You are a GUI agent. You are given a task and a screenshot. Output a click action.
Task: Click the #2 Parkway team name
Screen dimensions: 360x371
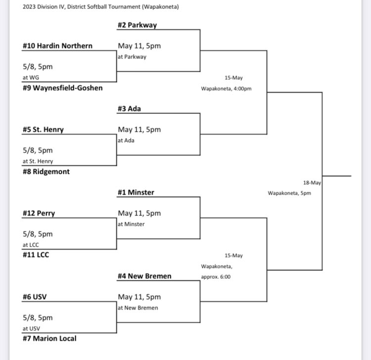(x=138, y=25)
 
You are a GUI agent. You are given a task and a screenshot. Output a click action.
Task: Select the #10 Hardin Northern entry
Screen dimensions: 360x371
(x=57, y=46)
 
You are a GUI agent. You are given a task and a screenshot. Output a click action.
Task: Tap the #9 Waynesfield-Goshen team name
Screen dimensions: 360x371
(x=63, y=88)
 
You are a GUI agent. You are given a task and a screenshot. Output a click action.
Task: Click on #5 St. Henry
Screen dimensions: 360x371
(x=43, y=130)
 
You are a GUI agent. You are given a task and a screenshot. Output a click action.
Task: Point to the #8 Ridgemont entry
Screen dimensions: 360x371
(x=46, y=172)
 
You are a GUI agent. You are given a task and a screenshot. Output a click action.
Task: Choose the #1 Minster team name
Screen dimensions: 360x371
(x=136, y=193)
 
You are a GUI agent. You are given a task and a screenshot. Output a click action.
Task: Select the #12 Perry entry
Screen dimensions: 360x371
(x=39, y=213)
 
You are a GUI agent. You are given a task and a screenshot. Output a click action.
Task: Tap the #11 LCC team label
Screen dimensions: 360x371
(x=36, y=255)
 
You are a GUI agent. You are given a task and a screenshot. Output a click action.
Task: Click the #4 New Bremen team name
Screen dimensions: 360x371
(x=144, y=276)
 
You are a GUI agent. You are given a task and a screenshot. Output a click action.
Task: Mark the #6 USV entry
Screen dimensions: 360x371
(x=35, y=297)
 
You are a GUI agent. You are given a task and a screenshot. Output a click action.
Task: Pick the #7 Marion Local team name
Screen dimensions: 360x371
(x=49, y=339)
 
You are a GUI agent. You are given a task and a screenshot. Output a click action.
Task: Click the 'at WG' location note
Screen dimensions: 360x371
(x=29, y=77)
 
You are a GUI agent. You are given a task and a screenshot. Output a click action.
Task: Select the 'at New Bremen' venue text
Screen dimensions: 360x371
(x=138, y=308)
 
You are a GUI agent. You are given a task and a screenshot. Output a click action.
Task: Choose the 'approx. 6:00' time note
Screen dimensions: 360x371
(x=216, y=277)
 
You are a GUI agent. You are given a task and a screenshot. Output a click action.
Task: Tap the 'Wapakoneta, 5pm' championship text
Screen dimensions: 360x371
(x=290, y=193)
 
